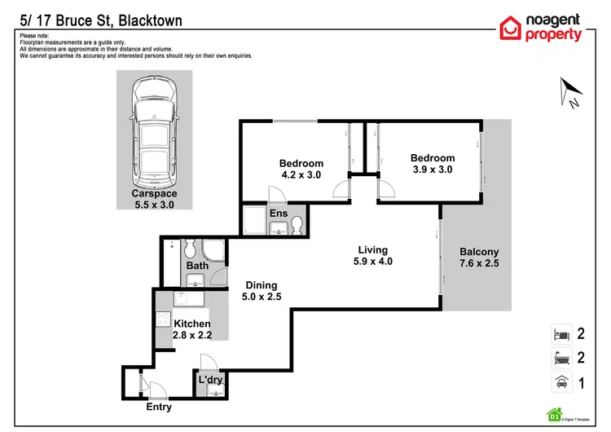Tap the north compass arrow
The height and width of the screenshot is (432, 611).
(569, 92)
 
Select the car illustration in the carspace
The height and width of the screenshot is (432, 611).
(154, 130)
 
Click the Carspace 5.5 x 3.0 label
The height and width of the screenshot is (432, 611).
(154, 200)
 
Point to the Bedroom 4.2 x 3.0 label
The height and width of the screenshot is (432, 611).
(301, 169)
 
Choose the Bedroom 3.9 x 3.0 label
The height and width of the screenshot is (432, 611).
(432, 164)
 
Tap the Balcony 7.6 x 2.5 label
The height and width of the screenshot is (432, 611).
(478, 258)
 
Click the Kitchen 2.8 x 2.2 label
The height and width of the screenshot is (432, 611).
(192, 330)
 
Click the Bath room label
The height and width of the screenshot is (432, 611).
(197, 266)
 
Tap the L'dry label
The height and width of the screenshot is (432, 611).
(210, 380)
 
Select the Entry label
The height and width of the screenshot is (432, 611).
(159, 407)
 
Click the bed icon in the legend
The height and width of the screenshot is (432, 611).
(560, 333)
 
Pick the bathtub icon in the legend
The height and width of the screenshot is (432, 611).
(560, 356)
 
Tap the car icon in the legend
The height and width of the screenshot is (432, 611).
(560, 380)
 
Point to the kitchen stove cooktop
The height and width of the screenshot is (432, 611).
(163, 321)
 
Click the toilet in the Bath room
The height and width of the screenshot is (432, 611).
(189, 248)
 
